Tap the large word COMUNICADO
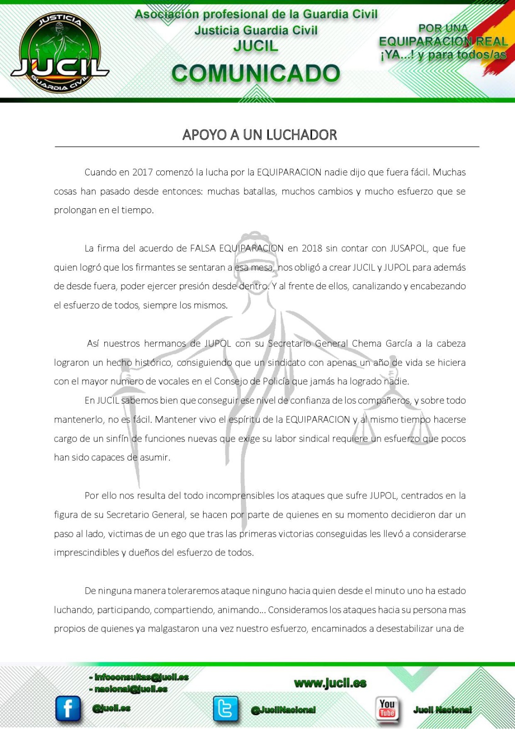[x=255, y=73]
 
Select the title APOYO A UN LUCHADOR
[x=259, y=135]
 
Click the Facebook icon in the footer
[x=68, y=709]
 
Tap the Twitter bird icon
[x=225, y=709]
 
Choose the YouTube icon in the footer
[x=387, y=709]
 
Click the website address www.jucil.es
[x=330, y=683]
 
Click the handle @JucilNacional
[x=283, y=710]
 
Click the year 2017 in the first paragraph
[x=142, y=172]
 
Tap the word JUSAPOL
[x=408, y=248]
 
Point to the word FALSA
[x=203, y=248]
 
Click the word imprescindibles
[x=86, y=553]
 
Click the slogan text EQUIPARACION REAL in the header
[x=443, y=41]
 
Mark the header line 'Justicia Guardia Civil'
[x=255, y=31]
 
